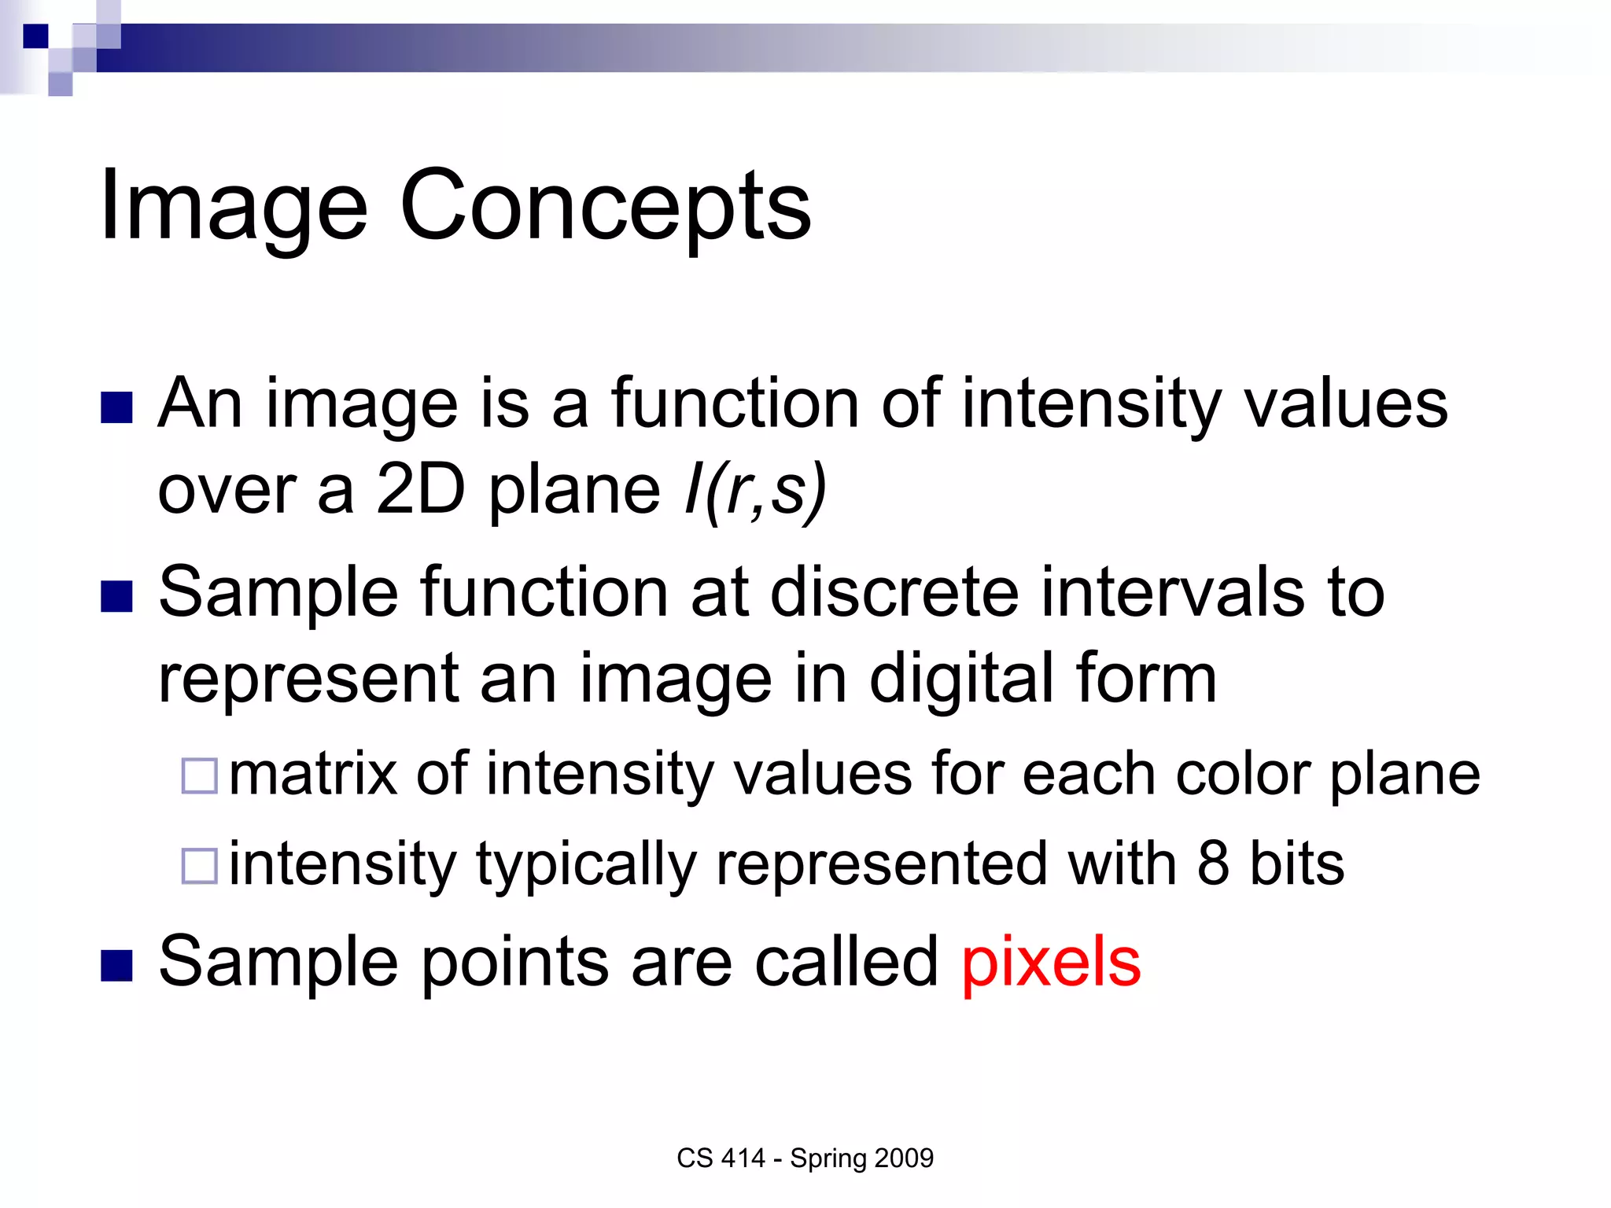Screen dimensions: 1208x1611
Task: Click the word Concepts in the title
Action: click(606, 206)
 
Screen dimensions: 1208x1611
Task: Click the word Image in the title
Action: click(234, 206)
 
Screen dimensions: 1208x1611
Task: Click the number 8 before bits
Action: click(1213, 864)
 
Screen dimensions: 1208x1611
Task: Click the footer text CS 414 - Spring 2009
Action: click(805, 1158)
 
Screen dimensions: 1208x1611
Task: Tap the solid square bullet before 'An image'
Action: click(116, 408)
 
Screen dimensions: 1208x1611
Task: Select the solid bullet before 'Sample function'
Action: click(116, 596)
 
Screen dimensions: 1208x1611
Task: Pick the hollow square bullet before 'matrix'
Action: click(199, 775)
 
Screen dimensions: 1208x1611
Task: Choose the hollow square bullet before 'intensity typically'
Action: click(199, 866)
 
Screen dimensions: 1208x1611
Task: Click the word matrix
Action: click(313, 774)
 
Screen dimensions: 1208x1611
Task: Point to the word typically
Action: click(587, 865)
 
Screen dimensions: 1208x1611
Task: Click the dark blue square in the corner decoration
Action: click(35, 36)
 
